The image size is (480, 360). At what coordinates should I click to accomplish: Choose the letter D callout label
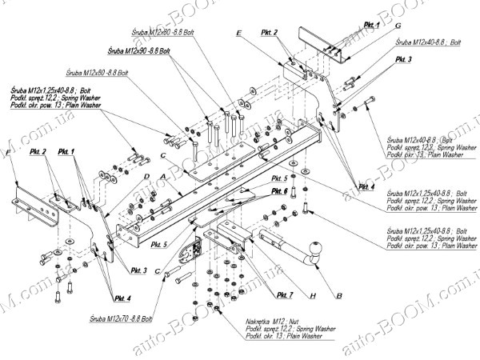[147, 175]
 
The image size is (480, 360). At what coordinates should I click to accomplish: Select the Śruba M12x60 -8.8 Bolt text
[99, 71]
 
